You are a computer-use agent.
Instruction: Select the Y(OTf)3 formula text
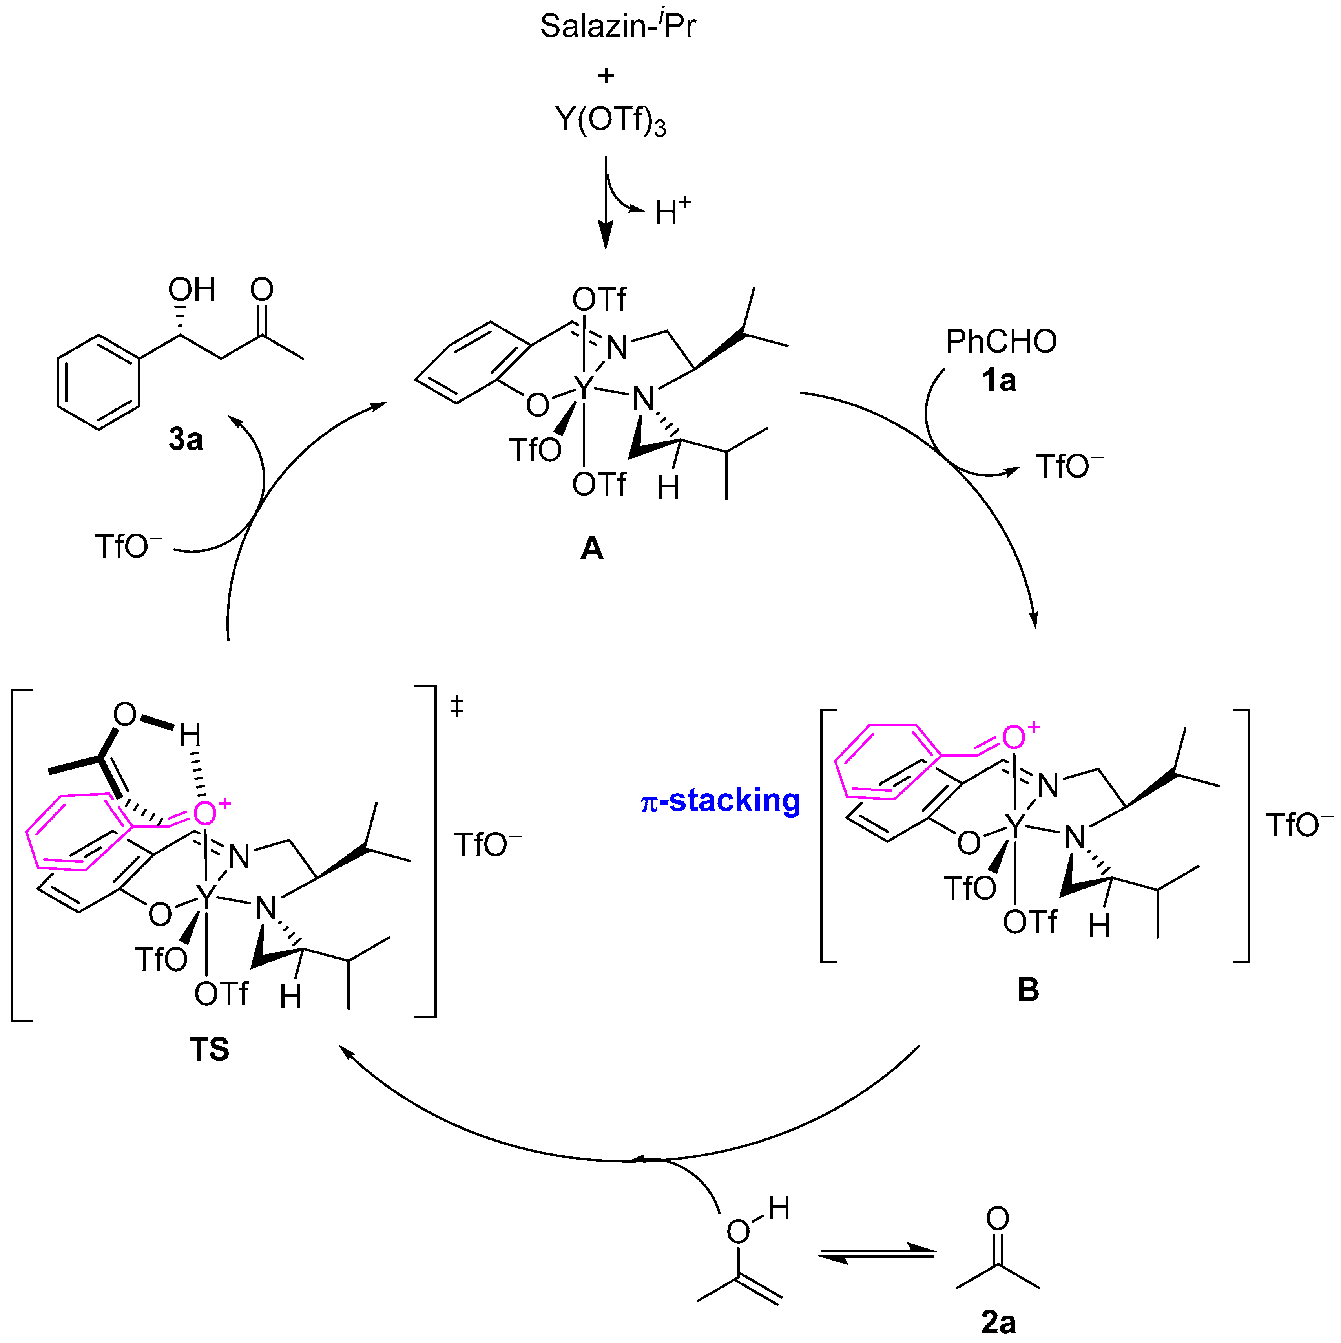click(x=610, y=120)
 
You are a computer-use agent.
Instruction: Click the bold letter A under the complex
click(x=592, y=549)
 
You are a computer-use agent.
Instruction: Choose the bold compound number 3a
click(x=186, y=439)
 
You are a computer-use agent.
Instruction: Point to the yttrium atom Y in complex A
click(x=584, y=389)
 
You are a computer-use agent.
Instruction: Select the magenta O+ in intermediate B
click(x=1018, y=737)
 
